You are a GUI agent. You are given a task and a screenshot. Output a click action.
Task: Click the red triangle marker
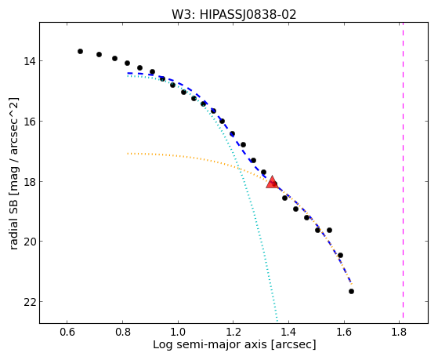click(x=272, y=183)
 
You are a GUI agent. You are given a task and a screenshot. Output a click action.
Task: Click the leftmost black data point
click(x=80, y=51)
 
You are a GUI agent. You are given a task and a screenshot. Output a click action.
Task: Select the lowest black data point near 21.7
click(x=351, y=292)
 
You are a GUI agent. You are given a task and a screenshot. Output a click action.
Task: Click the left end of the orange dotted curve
click(x=128, y=153)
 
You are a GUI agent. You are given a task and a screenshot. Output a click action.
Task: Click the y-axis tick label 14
click(x=29, y=60)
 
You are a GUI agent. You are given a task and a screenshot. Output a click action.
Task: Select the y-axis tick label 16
click(x=29, y=121)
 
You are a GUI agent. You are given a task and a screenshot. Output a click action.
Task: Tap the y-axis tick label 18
click(x=29, y=181)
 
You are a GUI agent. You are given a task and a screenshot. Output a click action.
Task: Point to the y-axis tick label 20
click(x=29, y=241)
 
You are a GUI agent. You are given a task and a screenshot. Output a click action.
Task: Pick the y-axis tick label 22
click(x=29, y=301)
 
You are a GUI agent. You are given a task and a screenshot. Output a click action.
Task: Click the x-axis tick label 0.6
click(x=67, y=332)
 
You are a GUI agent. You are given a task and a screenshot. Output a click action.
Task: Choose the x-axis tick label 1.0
click(x=178, y=332)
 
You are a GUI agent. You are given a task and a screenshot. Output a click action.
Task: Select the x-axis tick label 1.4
click(x=288, y=332)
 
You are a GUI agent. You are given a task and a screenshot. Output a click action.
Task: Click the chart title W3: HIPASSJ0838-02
click(x=233, y=14)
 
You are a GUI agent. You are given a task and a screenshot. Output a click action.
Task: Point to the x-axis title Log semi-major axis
click(x=210, y=344)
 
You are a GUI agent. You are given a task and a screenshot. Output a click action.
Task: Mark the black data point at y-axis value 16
click(x=222, y=121)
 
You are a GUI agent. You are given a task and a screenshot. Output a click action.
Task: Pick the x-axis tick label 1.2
click(x=233, y=332)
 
